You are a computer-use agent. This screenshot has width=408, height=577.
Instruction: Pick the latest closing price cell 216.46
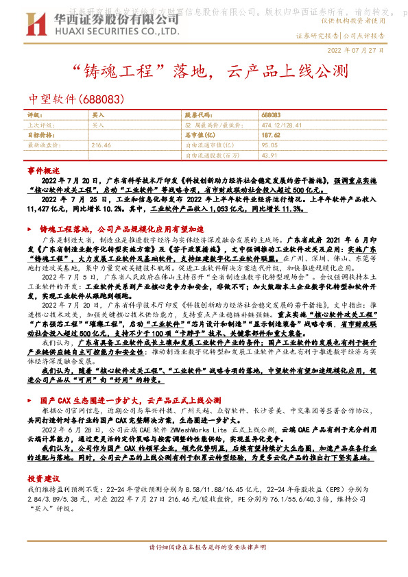[101, 145]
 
